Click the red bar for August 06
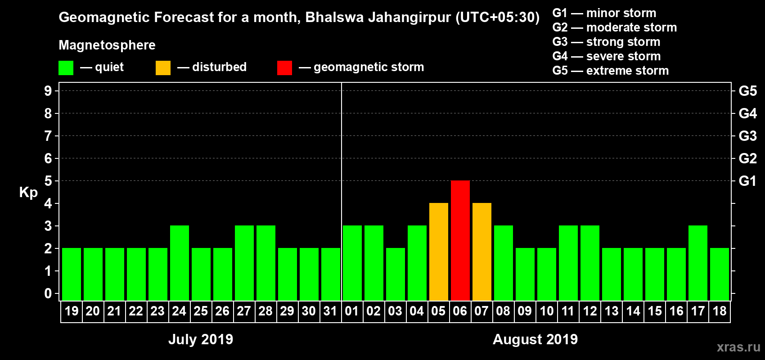coord(460,240)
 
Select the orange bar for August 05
coord(438,252)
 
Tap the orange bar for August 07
coord(481,252)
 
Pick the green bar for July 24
coord(179,263)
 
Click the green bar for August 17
coord(697,263)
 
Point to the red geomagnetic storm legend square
coord(284,68)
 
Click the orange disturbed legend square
coord(163,68)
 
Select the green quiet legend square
coord(66,68)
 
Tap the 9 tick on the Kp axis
coord(48,91)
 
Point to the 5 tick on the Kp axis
coord(48,181)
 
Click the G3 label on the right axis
coord(747,136)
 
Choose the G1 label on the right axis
coord(747,181)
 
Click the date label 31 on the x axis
coord(330,311)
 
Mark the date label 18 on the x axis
coord(719,311)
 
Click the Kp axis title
coord(28,192)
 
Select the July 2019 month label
coord(201,339)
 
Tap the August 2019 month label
coord(535,339)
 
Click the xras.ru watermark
coord(738,347)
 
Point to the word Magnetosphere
coord(107,45)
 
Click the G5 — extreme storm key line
coord(610,71)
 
